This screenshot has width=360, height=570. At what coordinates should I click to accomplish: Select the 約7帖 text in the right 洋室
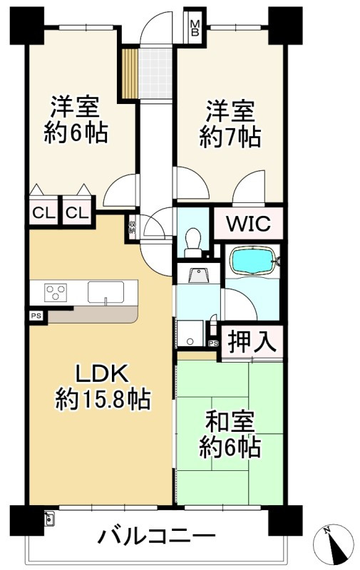tap(230, 137)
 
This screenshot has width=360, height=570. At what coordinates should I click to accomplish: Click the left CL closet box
tap(42, 212)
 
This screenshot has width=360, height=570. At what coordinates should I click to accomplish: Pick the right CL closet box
tap(78, 212)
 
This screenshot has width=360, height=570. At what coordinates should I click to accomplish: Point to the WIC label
tap(248, 225)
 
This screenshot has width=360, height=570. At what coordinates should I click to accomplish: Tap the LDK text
tap(102, 374)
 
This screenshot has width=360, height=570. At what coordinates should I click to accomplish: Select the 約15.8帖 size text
tap(103, 400)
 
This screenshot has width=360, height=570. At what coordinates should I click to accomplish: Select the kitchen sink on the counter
tap(106, 292)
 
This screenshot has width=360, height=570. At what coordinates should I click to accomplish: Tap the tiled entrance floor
tap(155, 71)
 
